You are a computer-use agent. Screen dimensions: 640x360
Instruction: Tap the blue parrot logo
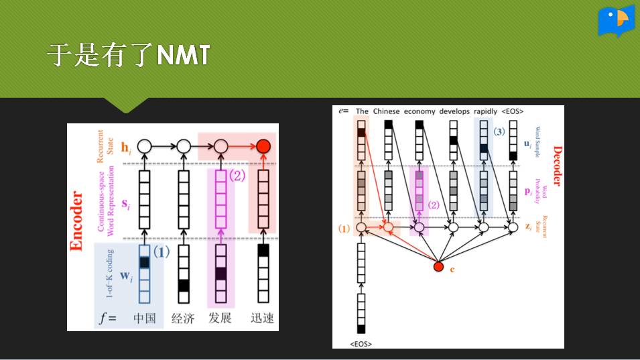pos(616,21)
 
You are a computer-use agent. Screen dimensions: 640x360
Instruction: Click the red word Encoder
pos(76,221)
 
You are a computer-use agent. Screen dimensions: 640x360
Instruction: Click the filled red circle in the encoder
pos(263,145)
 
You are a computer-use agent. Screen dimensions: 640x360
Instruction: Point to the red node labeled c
pos(438,267)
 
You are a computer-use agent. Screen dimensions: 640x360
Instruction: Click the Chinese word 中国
pos(145,318)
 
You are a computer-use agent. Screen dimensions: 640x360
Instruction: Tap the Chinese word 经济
pos(182,318)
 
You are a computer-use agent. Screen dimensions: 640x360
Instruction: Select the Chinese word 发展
pos(220,318)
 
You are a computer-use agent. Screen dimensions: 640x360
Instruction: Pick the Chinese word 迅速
pos(262,318)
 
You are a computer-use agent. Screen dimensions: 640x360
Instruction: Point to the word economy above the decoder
pos(419,111)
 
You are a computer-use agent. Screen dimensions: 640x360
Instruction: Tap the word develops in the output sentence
pos(454,111)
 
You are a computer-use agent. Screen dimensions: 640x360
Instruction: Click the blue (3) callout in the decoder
pos(499,132)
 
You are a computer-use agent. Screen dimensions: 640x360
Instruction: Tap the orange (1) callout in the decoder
pos(344,229)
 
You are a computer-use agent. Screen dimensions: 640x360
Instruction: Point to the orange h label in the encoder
pos(124,146)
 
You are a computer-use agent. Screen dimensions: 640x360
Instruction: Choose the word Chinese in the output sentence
pos(386,111)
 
